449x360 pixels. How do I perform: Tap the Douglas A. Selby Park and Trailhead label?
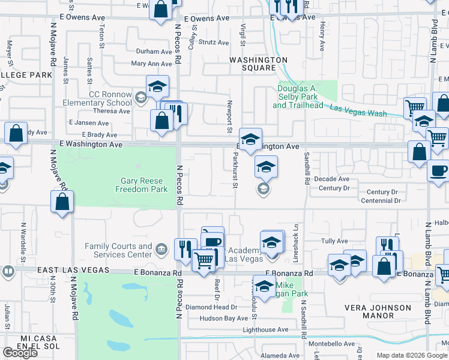(x=297, y=97)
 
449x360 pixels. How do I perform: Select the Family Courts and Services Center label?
(x=118, y=250)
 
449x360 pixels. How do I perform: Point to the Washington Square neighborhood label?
(x=259, y=64)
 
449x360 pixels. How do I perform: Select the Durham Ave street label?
(x=154, y=52)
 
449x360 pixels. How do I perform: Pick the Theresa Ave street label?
(x=112, y=111)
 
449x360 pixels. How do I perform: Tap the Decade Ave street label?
(x=331, y=179)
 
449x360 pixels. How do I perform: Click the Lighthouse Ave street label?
(x=265, y=330)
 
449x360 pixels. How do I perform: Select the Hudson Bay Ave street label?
(x=223, y=319)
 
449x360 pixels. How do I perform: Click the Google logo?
(x=20, y=353)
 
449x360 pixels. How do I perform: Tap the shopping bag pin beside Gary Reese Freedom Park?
(x=62, y=202)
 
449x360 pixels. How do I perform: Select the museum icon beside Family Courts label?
(x=161, y=248)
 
